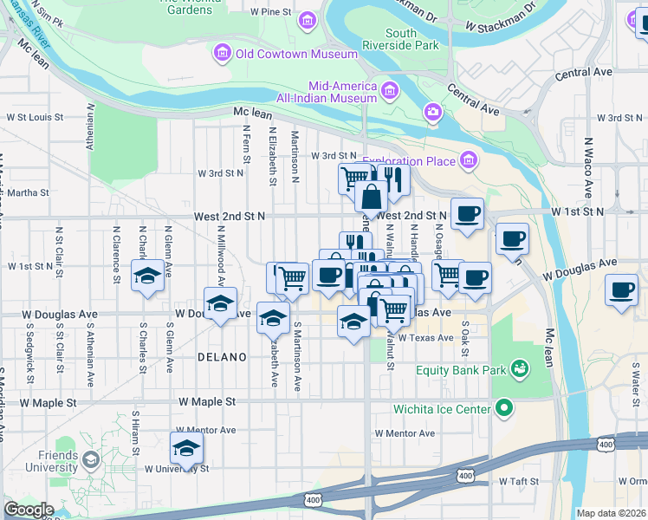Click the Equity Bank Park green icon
pos(520,371)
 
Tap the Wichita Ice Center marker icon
pos(503,408)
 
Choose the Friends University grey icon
pos(91,458)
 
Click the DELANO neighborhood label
pos(222,357)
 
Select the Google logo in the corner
pos(29,510)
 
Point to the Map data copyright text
pos(611,513)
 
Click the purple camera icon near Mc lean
pos(432,112)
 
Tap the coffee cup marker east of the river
pos(620,290)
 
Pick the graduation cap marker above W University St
pos(186,448)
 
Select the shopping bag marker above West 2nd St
pos(371,196)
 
